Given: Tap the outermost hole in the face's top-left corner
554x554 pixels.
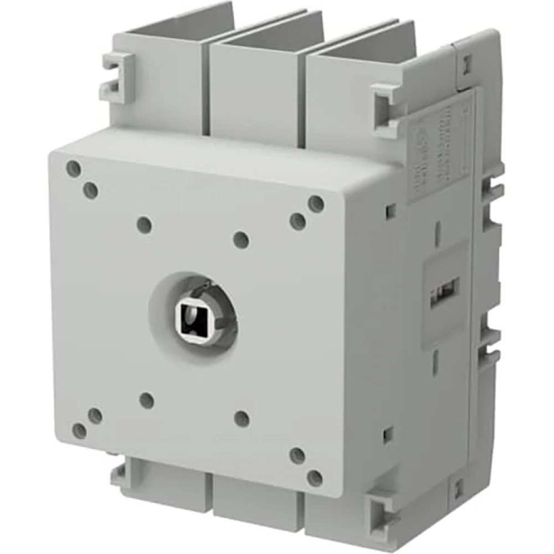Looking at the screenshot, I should click(74, 169).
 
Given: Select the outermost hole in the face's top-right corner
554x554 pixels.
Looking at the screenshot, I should click(316, 204).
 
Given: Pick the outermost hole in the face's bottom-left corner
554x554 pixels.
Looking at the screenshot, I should click(80, 430).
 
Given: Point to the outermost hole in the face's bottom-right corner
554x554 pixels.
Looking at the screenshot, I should click(315, 478).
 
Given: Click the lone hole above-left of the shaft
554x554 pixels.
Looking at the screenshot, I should click(144, 225).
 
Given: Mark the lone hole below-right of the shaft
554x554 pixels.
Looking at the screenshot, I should click(242, 418).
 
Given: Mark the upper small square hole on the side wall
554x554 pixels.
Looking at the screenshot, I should click(391, 210).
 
